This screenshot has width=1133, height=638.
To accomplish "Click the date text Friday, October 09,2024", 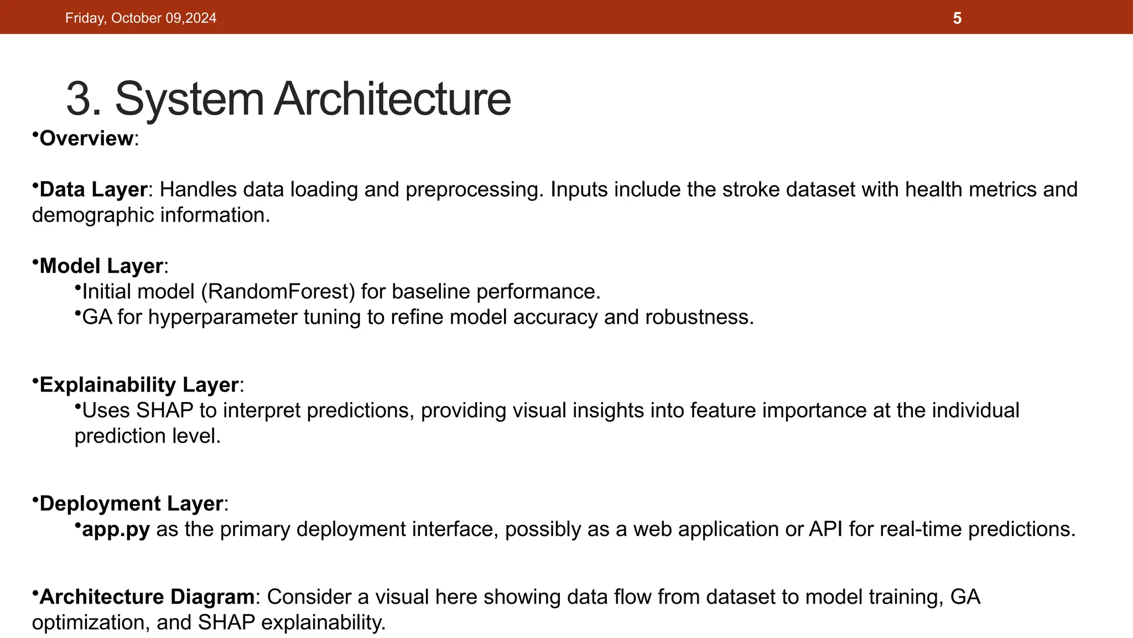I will pyautogui.click(x=141, y=18).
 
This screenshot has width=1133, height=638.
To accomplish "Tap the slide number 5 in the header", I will pyautogui.click(x=957, y=18).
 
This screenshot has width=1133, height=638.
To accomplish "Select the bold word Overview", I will pyautogui.click(x=86, y=138).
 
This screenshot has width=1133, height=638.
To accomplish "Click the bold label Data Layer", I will pyautogui.click(x=93, y=189).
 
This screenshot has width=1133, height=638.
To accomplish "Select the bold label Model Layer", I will pyautogui.click(x=101, y=266).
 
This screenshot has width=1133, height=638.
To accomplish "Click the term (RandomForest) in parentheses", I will pyautogui.click(x=278, y=291).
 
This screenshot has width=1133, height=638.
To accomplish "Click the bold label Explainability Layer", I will pyautogui.click(x=139, y=385).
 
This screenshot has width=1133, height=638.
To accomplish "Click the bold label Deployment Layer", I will pyautogui.click(x=131, y=503).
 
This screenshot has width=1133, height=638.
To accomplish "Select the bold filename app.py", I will pyautogui.click(x=116, y=529).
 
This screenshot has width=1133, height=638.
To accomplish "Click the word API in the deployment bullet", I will pyautogui.click(x=825, y=529).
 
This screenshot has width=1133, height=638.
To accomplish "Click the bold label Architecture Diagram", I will pyautogui.click(x=147, y=597).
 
